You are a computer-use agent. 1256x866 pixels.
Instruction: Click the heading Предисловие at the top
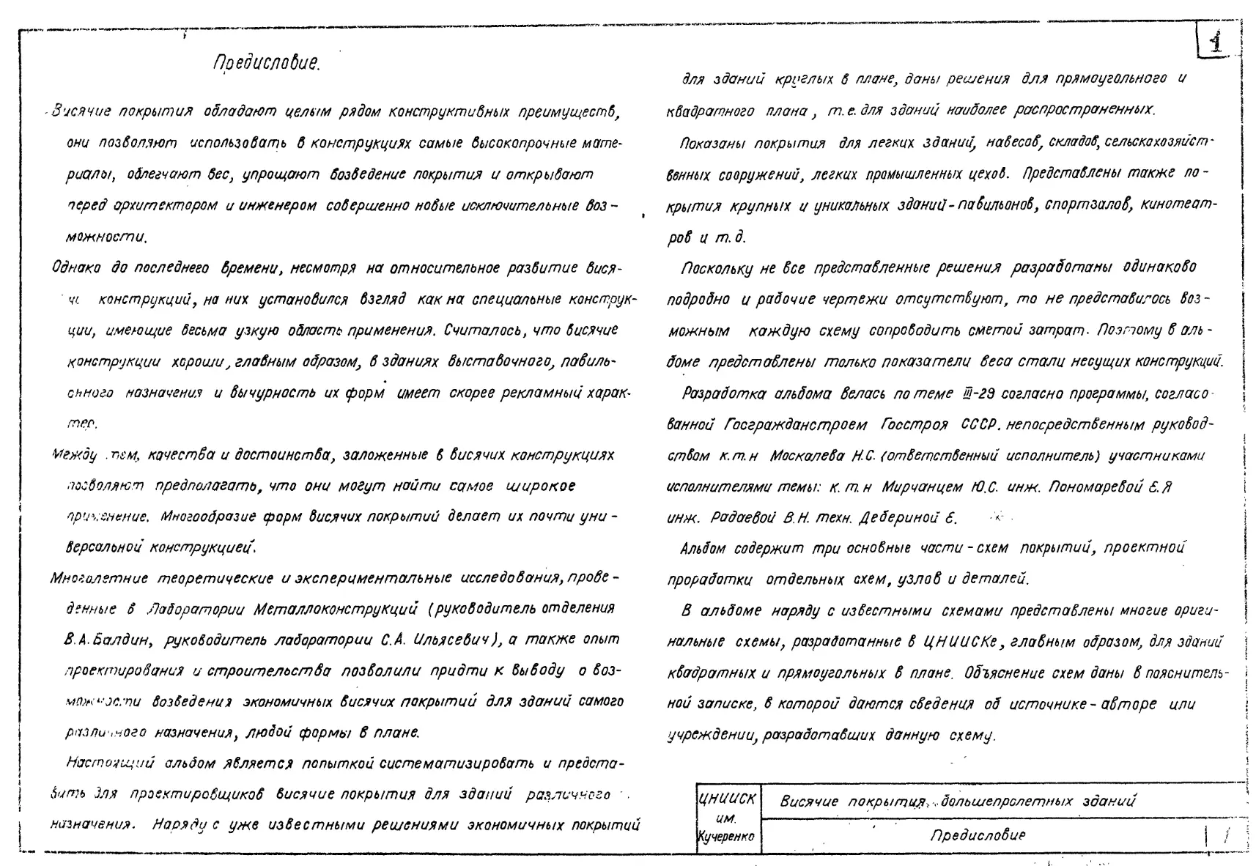[x=267, y=63]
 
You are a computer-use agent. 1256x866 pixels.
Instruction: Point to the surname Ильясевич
[x=451, y=640]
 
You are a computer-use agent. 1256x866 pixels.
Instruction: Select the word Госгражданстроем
[x=795, y=425]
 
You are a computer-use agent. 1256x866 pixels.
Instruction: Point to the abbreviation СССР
[x=977, y=425]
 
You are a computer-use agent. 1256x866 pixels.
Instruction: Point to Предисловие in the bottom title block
[x=978, y=835]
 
